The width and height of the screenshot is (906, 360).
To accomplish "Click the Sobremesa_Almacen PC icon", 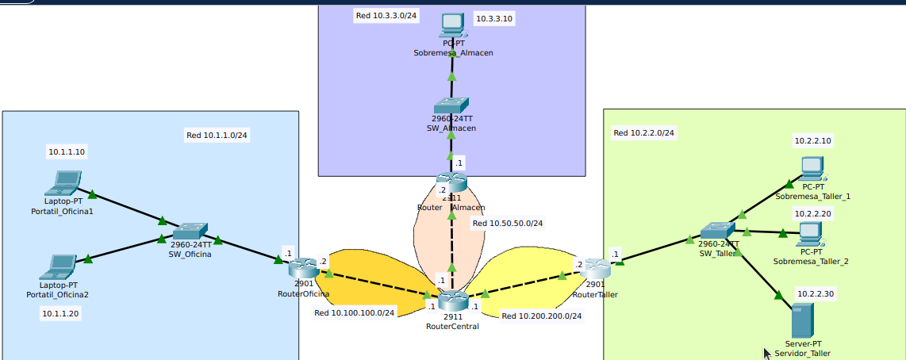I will coord(452,25).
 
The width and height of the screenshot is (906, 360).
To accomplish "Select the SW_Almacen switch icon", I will coord(451,106).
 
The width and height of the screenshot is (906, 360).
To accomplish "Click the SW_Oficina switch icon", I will coord(190,231).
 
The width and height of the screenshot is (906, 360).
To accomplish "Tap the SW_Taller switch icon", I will coord(717,232).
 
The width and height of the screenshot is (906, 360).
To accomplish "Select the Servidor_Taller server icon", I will coord(802,320).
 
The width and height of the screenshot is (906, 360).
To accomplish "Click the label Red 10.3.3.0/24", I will coord(386,16).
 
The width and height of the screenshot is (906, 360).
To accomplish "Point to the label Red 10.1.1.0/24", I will coord(217,135).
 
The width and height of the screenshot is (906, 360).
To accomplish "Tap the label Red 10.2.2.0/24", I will coord(644,132).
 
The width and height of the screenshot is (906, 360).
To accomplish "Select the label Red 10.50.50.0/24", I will coord(508,223).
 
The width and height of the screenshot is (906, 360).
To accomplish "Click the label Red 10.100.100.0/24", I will coord(355,312).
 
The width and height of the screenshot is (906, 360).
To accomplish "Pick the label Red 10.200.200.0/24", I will coord(542,316).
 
